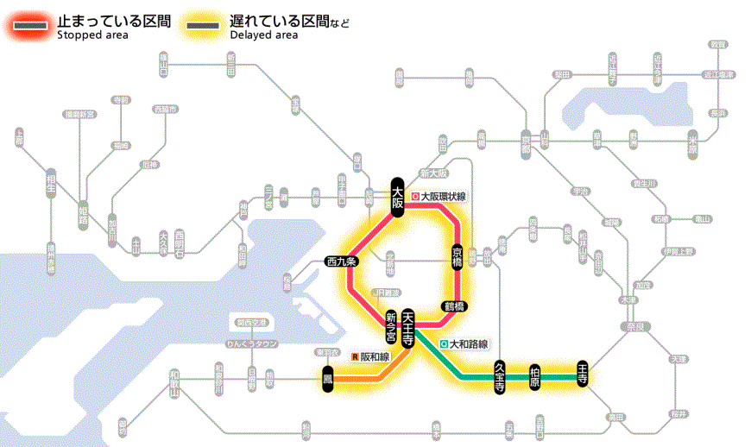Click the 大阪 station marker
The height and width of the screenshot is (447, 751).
pos(398,198)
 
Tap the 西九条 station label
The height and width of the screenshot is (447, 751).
pos(347,261)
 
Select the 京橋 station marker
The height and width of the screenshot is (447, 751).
pos(458,256)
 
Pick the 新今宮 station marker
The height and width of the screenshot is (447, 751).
pos(391,325)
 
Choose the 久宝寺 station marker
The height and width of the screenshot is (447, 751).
pos(500,376)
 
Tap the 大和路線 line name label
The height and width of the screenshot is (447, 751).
pos(470,343)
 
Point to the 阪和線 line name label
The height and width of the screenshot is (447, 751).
pos(375,356)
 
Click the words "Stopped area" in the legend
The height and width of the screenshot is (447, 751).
pos(92,35)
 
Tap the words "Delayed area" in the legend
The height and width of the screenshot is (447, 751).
pos(264,35)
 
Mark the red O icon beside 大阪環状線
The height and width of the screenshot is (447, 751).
pos(415,197)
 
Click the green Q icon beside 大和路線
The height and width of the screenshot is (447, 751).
pos(444,343)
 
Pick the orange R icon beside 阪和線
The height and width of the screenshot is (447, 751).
pos(354,356)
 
